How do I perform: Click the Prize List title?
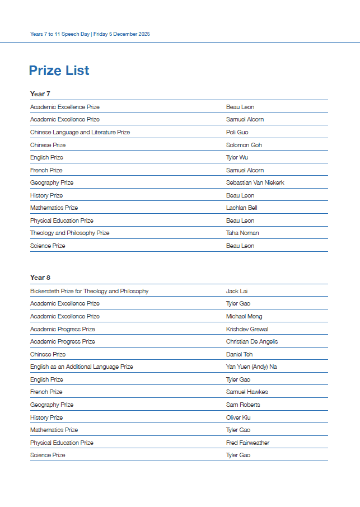(x=59, y=71)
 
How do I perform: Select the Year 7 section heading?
(x=40, y=94)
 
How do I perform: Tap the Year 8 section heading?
(x=40, y=278)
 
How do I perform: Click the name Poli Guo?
(x=237, y=133)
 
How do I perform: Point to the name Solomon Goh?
(x=244, y=145)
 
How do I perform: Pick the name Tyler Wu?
(x=237, y=158)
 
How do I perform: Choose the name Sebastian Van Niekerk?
(x=255, y=183)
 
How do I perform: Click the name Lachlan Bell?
(x=241, y=208)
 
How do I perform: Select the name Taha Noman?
(x=242, y=233)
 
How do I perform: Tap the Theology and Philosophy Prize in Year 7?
(x=69, y=233)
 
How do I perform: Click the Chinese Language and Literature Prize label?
(x=80, y=133)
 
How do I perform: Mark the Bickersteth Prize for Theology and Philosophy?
(x=89, y=291)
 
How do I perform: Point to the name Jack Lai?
(x=236, y=291)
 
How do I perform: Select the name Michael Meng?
(x=244, y=317)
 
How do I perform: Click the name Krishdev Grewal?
(x=247, y=329)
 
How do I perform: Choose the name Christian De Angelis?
(x=252, y=342)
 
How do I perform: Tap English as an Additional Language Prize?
(x=81, y=367)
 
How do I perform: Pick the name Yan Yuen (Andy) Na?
(x=251, y=367)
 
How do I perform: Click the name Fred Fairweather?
(x=247, y=443)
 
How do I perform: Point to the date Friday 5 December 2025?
(x=121, y=34)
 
